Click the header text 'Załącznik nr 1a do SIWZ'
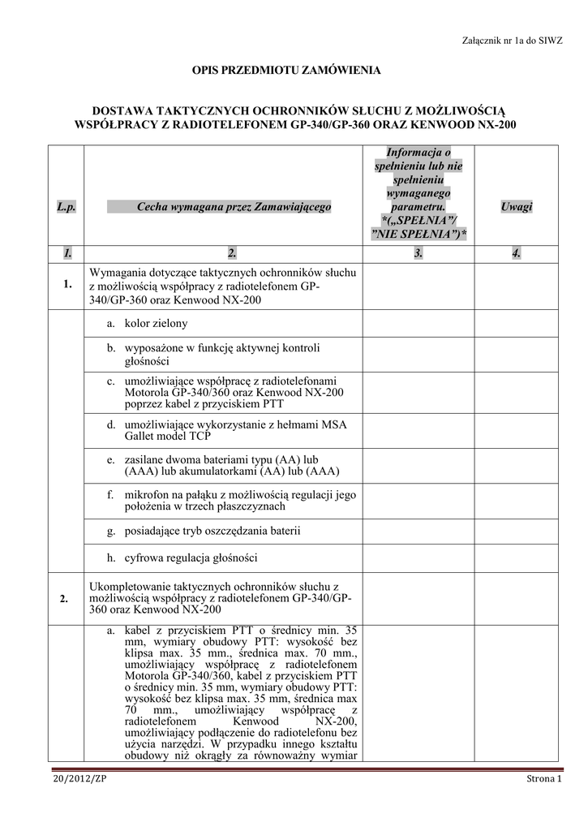pyautogui.click(x=511, y=39)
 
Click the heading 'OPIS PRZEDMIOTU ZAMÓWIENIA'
pyautogui.click(x=285, y=71)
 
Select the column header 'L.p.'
pyautogui.click(x=66, y=208)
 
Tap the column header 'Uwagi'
pyautogui.click(x=516, y=207)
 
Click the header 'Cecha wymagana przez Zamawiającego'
pyautogui.click(x=234, y=208)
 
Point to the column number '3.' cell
pyautogui.click(x=418, y=254)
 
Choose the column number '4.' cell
pyautogui.click(x=516, y=254)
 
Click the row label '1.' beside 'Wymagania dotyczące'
pyautogui.click(x=66, y=285)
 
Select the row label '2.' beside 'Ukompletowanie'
pyautogui.click(x=66, y=599)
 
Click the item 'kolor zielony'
pyautogui.click(x=156, y=323)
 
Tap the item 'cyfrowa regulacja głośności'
pyautogui.click(x=191, y=558)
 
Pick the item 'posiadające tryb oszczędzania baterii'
pyautogui.click(x=212, y=531)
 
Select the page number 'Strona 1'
pyautogui.click(x=541, y=779)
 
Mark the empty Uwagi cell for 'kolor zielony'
pyautogui.click(x=516, y=324)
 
